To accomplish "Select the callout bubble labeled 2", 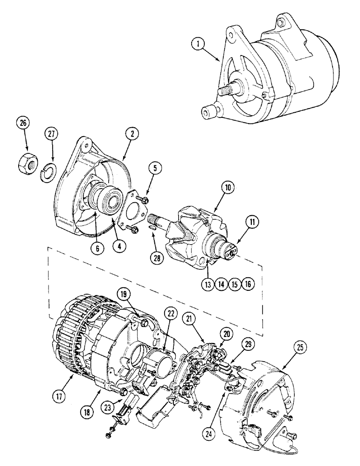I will coord(132,134).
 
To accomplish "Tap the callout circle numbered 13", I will coord(208,284).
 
